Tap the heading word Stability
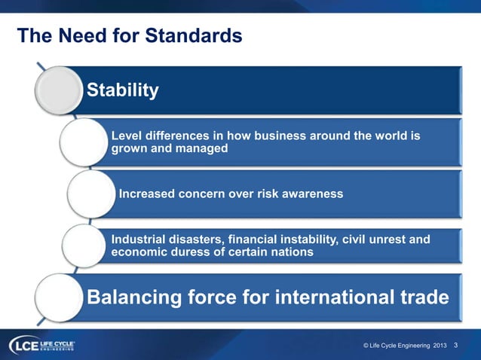tap(123, 91)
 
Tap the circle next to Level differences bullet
tap(84, 142)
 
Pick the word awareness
tap(313, 194)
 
